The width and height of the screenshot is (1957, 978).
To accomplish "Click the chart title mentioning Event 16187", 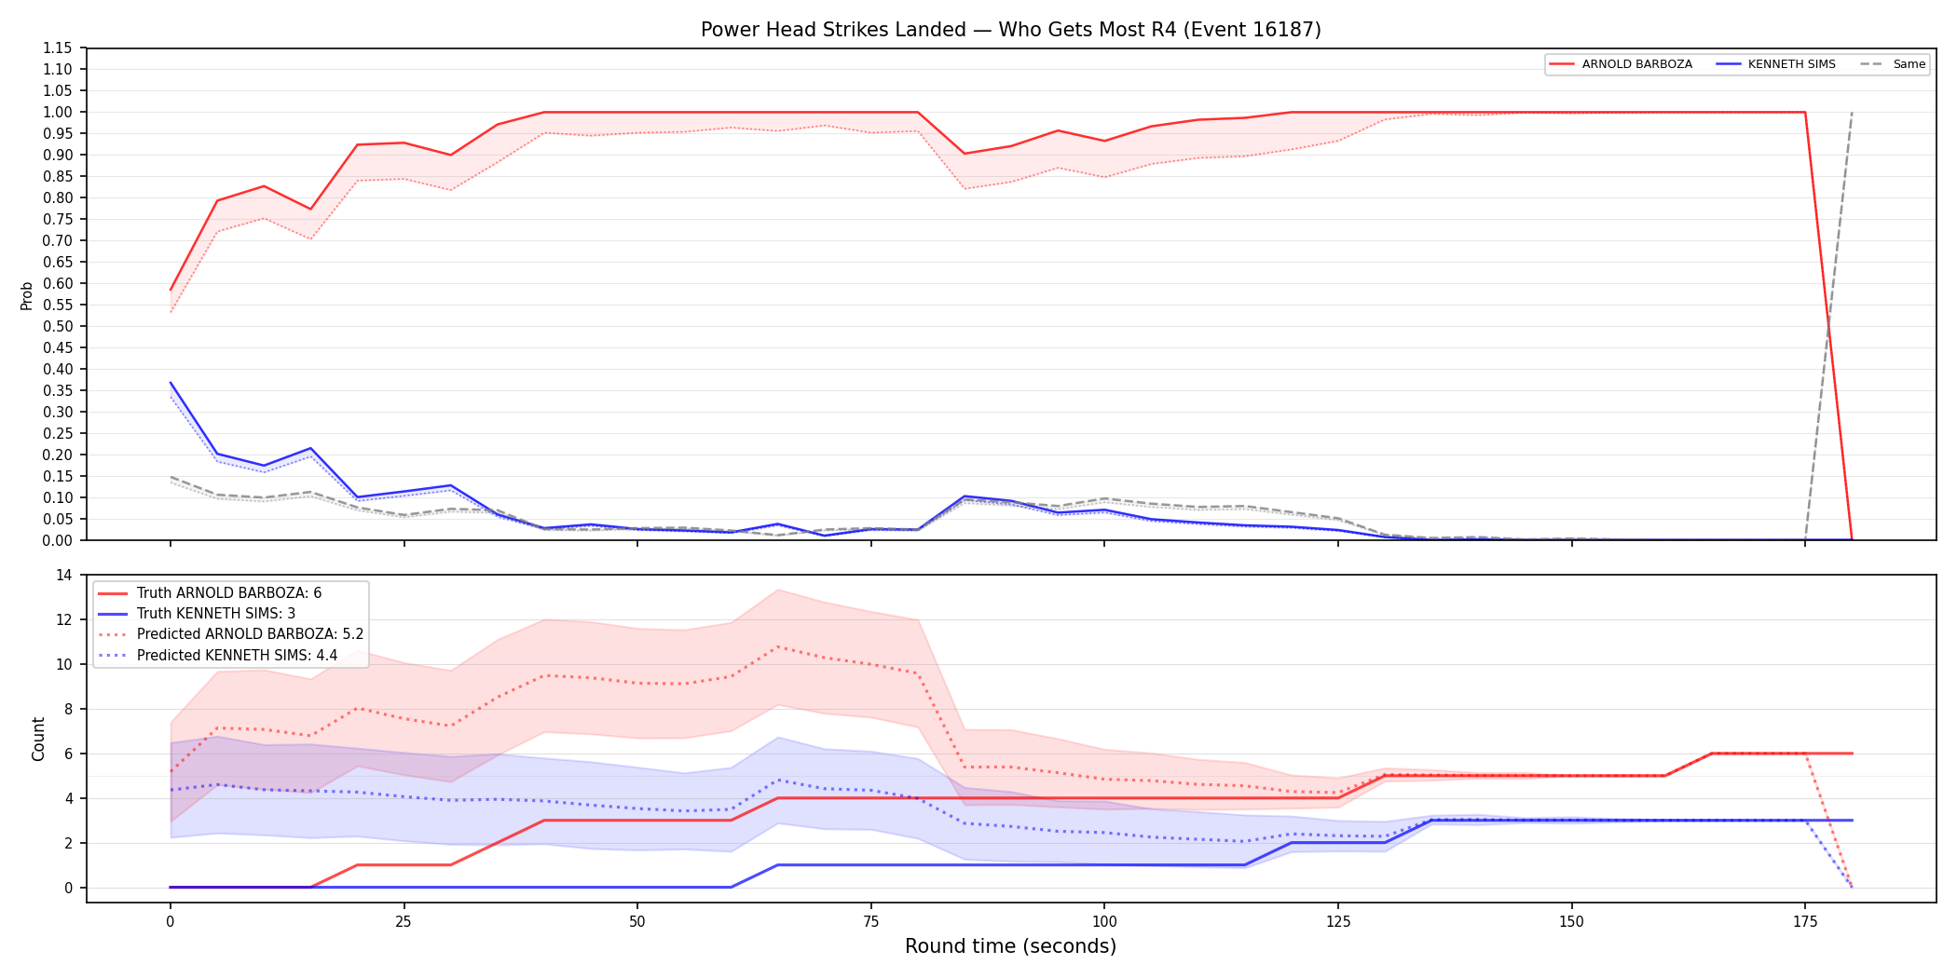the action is pyautogui.click(x=1011, y=30).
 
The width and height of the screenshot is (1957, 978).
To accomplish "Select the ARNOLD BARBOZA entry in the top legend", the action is pyautogui.click(x=1621, y=64).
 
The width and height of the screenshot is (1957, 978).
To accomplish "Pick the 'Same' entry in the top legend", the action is pyautogui.click(x=1893, y=64).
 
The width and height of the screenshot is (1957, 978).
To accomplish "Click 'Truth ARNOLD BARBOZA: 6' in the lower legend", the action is pyautogui.click(x=210, y=593).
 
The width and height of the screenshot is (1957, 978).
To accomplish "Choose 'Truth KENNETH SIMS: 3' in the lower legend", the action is pyautogui.click(x=197, y=614).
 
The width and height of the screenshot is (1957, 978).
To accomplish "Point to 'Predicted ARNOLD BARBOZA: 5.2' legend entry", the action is pyautogui.click(x=231, y=634).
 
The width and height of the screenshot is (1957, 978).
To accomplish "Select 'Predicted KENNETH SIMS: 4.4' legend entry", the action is pyautogui.click(x=218, y=656).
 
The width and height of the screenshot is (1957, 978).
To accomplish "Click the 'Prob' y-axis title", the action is pyautogui.click(x=27, y=295).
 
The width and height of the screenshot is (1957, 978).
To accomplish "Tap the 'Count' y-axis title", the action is pyautogui.click(x=38, y=739).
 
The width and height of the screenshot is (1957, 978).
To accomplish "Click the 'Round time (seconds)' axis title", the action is pyautogui.click(x=1011, y=946).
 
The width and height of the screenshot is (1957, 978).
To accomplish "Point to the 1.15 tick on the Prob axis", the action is pyautogui.click(x=58, y=48).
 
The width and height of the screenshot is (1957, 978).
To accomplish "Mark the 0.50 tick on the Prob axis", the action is pyautogui.click(x=58, y=327).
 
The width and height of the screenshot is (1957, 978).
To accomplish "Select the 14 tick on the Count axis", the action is pyautogui.click(x=63, y=575).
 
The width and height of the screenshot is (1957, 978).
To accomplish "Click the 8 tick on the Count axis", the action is pyautogui.click(x=68, y=709).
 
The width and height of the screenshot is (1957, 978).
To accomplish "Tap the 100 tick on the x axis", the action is pyautogui.click(x=1104, y=922).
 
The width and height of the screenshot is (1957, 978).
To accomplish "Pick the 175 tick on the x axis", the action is pyautogui.click(x=1805, y=922).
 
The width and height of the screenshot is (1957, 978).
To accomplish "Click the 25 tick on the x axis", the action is pyautogui.click(x=404, y=922).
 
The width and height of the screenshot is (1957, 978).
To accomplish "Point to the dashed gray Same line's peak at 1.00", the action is pyautogui.click(x=1852, y=113).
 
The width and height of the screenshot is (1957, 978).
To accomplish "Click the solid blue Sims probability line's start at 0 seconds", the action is pyautogui.click(x=171, y=383).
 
